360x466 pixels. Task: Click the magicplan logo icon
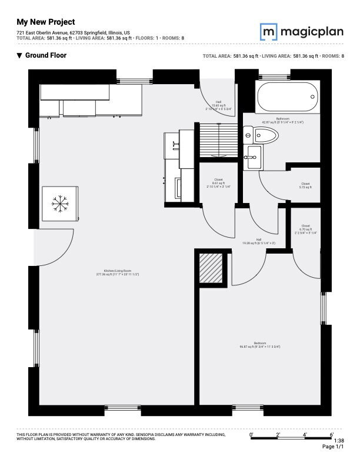click(269, 30)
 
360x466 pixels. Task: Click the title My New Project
click(45, 22)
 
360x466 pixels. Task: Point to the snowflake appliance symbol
click(59, 204)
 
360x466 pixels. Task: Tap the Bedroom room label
click(259, 345)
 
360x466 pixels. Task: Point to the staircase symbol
click(219, 141)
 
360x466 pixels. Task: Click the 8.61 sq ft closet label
click(218, 183)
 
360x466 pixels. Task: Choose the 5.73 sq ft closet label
click(305, 186)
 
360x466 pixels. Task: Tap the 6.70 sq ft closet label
click(305, 229)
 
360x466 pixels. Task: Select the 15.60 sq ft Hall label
click(218, 106)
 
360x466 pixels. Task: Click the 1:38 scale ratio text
click(339, 440)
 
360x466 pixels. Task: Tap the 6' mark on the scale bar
click(332, 434)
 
